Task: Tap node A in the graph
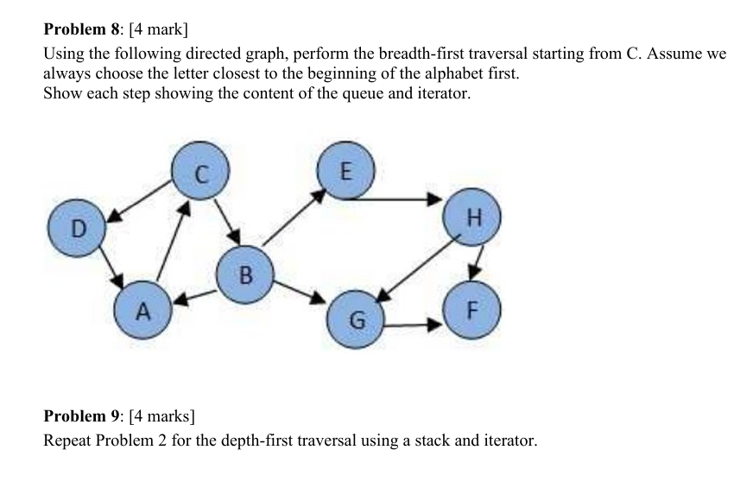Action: pyautogui.click(x=143, y=310)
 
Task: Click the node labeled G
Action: pyautogui.click(x=354, y=320)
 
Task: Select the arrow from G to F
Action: pyautogui.click(x=413, y=326)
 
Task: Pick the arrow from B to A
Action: pyautogui.click(x=195, y=296)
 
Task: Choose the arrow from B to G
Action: pyautogui.click(x=300, y=292)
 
